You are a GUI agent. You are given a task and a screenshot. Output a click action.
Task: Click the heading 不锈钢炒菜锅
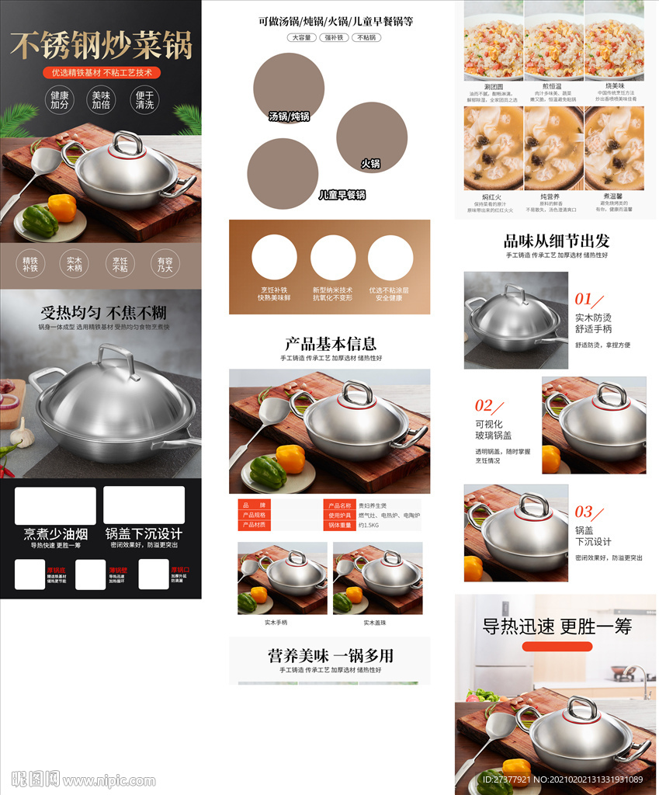101,45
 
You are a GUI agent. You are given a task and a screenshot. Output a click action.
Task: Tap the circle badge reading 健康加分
60,100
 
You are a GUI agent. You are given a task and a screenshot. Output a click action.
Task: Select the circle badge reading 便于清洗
144,100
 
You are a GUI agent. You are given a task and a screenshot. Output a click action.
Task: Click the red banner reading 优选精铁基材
102,72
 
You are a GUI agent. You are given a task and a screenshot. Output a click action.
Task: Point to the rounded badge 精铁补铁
30,265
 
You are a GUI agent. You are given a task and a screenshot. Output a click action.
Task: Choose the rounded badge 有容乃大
165,265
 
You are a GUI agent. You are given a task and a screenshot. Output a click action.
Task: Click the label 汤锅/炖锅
289,116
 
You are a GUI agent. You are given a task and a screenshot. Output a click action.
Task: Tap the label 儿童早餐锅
342,195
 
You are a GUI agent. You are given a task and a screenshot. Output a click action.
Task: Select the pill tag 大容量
301,37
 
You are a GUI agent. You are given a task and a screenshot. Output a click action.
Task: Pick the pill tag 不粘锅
366,37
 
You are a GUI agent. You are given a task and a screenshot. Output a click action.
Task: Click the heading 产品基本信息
331,343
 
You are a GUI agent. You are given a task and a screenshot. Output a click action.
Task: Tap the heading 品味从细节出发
557,241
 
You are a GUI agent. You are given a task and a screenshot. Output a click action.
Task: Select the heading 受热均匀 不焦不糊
103,313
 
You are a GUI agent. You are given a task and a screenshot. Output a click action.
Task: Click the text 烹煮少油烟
55,533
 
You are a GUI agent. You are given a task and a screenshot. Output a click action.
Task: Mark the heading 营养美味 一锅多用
331,655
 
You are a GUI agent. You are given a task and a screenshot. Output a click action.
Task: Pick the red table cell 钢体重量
339,526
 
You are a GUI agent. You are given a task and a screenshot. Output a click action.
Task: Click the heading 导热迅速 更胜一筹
557,627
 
